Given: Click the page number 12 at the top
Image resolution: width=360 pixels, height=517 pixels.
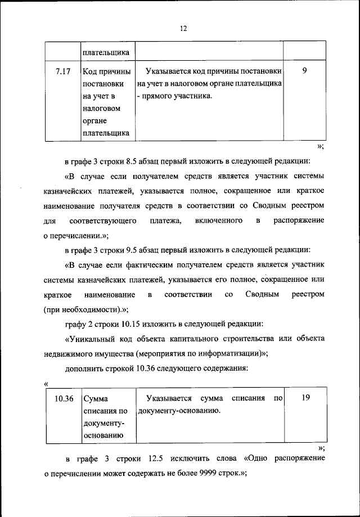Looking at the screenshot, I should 183,29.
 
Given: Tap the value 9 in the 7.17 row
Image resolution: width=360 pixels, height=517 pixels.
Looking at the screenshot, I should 304,72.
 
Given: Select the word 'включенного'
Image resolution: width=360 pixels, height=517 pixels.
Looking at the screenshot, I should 219,221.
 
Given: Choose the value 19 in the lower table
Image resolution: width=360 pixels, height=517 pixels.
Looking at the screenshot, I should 306,398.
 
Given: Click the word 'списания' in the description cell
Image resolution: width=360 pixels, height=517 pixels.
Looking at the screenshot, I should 247,398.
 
